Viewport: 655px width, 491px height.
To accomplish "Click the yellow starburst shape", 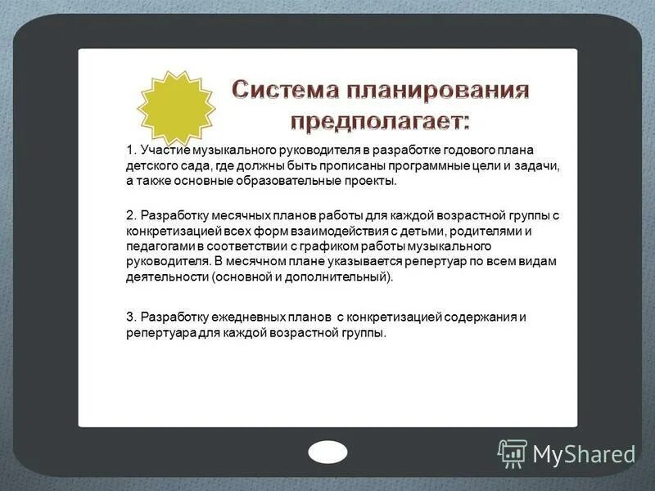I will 176,106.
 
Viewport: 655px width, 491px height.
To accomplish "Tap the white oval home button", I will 327,452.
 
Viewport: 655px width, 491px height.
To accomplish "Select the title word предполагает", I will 381,122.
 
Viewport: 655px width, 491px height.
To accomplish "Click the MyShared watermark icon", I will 513,453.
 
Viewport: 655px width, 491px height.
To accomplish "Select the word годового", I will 461,150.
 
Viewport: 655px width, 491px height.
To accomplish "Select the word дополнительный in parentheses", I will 347,277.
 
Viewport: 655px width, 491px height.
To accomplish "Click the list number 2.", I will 130,215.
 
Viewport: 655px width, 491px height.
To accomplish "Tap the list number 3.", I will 130,318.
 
